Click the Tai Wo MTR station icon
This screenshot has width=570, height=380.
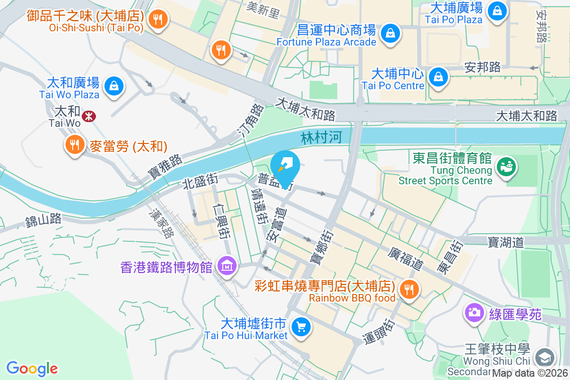click(88, 115)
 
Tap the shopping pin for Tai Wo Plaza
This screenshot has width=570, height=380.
click(114, 86)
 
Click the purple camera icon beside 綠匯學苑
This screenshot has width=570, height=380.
click(474, 312)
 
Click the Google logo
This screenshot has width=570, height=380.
click(32, 368)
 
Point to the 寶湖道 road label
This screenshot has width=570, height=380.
click(505, 243)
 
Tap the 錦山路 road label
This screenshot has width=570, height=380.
click(44, 219)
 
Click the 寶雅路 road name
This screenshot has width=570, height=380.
click(164, 167)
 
